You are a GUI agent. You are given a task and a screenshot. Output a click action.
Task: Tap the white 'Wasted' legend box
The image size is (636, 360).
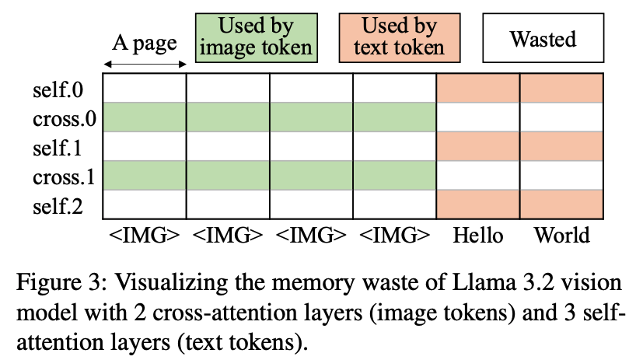(x=543, y=37)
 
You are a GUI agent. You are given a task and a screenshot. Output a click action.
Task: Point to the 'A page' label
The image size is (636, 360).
(x=145, y=42)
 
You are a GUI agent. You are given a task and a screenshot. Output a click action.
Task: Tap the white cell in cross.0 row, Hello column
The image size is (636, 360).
(x=478, y=117)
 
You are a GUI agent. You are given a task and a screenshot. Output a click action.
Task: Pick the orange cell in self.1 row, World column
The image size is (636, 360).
(x=561, y=147)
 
